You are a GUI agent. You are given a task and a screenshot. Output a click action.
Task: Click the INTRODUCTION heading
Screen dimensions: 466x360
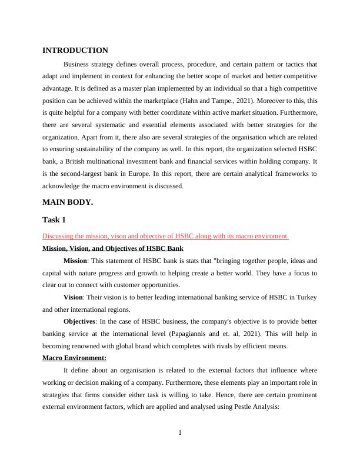coord(75,51)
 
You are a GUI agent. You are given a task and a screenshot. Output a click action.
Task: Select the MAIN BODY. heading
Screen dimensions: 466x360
coord(68,202)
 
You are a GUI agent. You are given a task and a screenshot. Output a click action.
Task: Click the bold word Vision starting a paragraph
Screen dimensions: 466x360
coord(75,297)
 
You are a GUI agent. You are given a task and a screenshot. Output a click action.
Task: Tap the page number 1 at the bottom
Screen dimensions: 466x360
coord(180,434)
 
